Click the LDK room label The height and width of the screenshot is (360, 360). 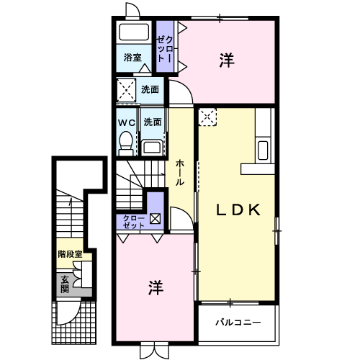[238, 210]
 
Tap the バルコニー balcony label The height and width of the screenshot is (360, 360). [238, 322]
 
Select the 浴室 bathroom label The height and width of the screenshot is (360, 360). [132, 57]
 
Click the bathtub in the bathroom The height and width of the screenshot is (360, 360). [134, 32]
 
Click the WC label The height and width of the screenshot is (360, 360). [127, 122]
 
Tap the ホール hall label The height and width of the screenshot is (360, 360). [180, 173]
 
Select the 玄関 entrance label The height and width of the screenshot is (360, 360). [65, 284]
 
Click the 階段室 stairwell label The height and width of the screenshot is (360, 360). [70, 254]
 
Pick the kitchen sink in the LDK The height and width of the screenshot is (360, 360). [263, 150]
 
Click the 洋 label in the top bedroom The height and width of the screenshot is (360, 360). [227, 60]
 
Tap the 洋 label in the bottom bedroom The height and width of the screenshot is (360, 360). [156, 287]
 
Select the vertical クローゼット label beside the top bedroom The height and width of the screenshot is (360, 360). [165, 49]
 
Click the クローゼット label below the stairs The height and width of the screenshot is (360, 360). [134, 222]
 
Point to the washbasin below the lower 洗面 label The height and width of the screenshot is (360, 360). [152, 147]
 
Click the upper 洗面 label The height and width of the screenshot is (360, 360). [150, 89]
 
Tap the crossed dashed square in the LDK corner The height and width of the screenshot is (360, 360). [207, 117]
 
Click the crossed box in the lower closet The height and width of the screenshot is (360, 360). [155, 219]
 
